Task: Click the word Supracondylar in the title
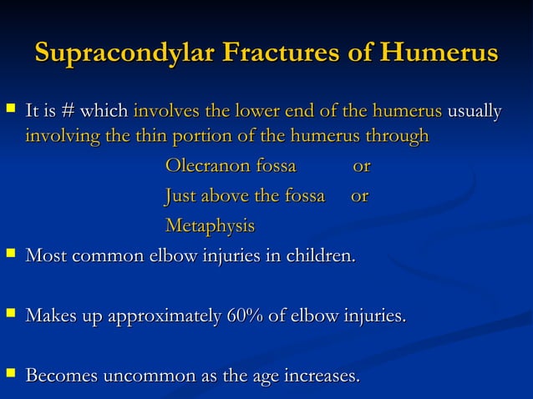(124, 53)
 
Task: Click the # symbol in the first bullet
(69, 112)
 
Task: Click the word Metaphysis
(210, 226)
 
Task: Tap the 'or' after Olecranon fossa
(362, 166)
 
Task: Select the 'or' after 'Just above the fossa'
(359, 196)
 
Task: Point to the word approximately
(156, 316)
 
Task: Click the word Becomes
(61, 376)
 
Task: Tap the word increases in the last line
(322, 376)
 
